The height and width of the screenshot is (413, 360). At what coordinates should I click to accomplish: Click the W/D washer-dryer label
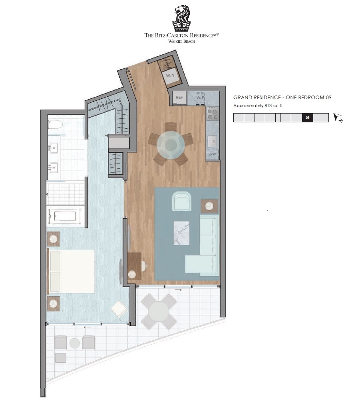170,76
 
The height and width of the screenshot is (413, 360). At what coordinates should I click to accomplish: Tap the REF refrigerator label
179,98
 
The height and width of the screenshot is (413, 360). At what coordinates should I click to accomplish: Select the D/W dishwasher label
212,154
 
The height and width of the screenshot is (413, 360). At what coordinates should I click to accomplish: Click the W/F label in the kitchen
200,98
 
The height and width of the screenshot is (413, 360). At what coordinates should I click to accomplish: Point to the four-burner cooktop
213,113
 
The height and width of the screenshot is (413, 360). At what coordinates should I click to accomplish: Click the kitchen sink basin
213,142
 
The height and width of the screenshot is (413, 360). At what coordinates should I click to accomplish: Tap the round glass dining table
171,145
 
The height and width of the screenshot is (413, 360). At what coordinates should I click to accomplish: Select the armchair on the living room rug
181,201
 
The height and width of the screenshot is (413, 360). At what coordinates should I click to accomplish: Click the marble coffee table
181,233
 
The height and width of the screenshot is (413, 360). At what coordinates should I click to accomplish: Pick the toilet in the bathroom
55,124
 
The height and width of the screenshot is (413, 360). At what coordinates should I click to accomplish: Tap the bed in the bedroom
71,271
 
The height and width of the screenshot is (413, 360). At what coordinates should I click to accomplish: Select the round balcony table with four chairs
159,311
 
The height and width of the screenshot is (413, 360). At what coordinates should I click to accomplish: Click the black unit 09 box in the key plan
307,118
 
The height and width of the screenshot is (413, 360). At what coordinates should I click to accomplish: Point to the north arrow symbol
338,118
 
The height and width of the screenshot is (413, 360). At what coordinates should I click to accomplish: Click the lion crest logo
181,18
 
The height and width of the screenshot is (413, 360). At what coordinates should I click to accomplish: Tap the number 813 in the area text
268,106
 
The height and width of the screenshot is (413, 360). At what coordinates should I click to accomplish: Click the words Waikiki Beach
181,41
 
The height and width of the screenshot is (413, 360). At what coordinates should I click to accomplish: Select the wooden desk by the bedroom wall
135,266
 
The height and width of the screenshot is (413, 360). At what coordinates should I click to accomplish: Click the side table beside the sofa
209,206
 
